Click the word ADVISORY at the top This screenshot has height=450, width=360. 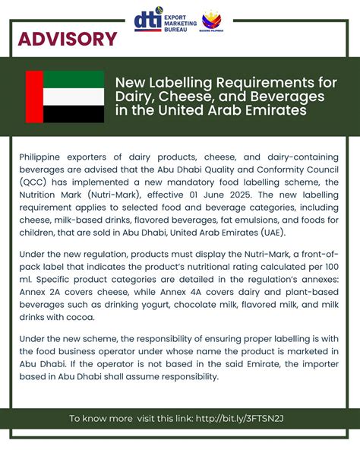pos(68,39)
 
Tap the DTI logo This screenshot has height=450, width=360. pos(147,22)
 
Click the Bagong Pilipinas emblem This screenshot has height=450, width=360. pos(212,24)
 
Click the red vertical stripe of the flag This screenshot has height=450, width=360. pos(33,97)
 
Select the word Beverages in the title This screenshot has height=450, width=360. pos(288,97)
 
